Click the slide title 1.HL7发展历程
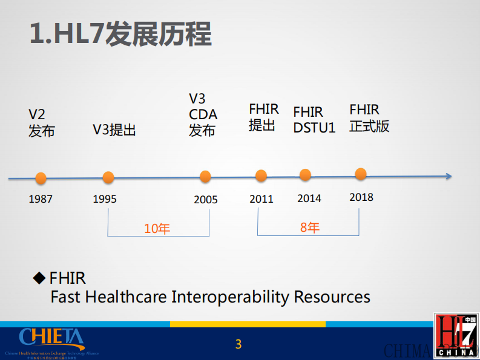tap(120, 35)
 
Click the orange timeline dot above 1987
tap(41, 178)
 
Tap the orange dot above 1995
tap(108, 177)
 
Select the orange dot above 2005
tap(205, 177)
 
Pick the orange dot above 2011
tap(261, 175)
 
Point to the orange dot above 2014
tap(305, 175)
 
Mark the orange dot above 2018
tap(361, 174)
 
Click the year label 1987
tap(41, 199)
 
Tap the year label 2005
tap(205, 200)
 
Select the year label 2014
tap(309, 198)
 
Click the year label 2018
tap(361, 197)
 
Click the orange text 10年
tap(157, 229)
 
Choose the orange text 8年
tap(309, 227)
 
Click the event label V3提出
tap(114, 129)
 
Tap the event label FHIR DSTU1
tap(314, 120)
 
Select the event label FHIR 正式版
tap(369, 118)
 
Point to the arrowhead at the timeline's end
tap(448, 176)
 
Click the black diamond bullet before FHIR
tap(39, 278)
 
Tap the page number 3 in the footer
tap(238, 344)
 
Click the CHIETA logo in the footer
tap(51, 338)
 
